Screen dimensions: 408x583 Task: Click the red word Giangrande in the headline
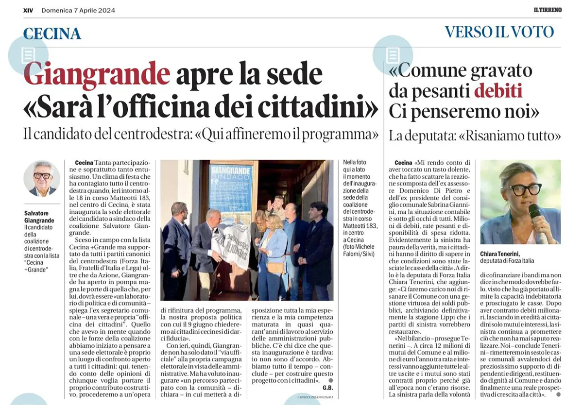coord(97,74)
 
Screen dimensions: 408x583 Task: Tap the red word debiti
coord(498,91)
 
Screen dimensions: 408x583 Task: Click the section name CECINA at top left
coord(52,34)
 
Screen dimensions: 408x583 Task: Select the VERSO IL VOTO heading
coord(499,32)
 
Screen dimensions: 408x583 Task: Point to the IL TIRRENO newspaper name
coord(545,10)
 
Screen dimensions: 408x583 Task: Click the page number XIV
coord(28,10)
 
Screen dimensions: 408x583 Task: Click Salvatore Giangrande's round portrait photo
coord(42,178)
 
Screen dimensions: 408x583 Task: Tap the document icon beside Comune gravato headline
coord(392,55)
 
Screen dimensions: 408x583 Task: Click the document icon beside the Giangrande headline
coord(28,55)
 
